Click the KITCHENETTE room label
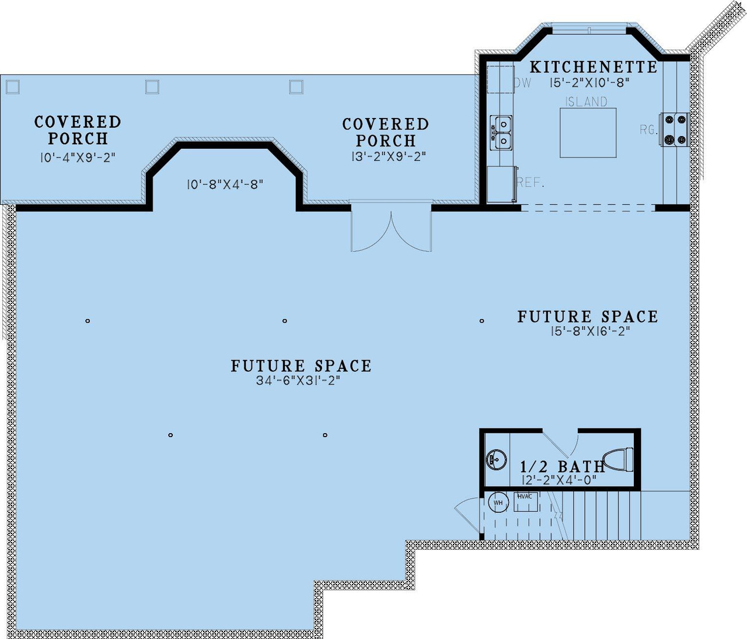click(594, 67)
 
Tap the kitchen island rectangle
click(588, 133)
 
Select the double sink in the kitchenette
click(501, 133)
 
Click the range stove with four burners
click(675, 130)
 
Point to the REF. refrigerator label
click(530, 183)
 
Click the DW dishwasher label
click(522, 83)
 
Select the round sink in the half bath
click(496, 460)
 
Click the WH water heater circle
click(498, 502)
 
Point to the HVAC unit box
click(525, 501)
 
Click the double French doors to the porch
click(391, 228)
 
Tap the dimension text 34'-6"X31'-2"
click(298, 380)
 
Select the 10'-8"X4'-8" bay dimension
click(225, 184)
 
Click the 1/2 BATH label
click(562, 467)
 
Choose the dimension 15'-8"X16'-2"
click(590, 331)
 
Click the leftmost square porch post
click(12, 87)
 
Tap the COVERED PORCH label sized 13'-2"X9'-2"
click(386, 132)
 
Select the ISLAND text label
click(586, 102)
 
